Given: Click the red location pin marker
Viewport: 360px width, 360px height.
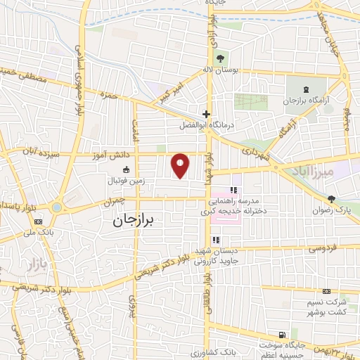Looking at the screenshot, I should point(181,166).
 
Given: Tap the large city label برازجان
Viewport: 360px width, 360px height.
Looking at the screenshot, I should point(136,220).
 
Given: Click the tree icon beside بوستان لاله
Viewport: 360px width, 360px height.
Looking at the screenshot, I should point(221,58).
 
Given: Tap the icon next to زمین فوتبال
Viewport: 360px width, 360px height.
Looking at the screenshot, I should point(126,169).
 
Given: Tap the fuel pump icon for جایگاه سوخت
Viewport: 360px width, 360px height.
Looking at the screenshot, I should point(282,335).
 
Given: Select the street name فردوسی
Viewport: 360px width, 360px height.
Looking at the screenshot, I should point(323,249).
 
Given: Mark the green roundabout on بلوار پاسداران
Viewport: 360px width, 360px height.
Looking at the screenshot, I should point(56,207).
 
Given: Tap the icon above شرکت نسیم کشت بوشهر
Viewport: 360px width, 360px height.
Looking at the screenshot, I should point(326,291).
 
